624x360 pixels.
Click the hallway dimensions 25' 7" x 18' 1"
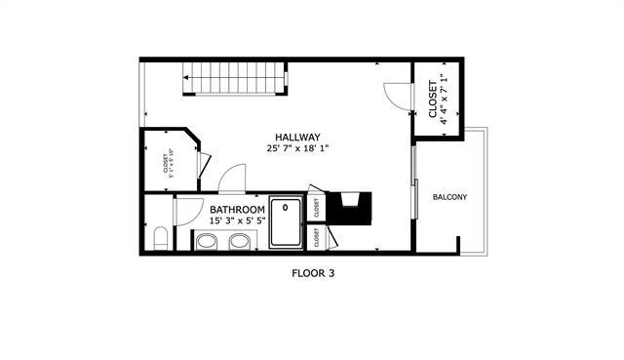[x=297, y=149]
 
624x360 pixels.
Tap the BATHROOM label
[x=237, y=210]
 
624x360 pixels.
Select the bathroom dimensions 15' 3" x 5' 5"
[x=237, y=221]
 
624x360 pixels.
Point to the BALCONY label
[x=449, y=198]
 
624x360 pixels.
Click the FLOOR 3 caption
[x=313, y=274]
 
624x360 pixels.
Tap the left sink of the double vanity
[x=207, y=240]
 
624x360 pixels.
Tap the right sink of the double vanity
[x=239, y=240]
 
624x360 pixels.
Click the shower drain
[x=287, y=207]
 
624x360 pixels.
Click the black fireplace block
[x=350, y=208]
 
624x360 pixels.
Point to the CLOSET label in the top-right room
[x=433, y=99]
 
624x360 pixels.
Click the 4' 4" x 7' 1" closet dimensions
[x=445, y=99]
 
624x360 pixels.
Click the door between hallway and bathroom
[x=231, y=180]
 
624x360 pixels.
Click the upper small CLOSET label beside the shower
[x=317, y=207]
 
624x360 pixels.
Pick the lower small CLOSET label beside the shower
[x=317, y=237]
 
